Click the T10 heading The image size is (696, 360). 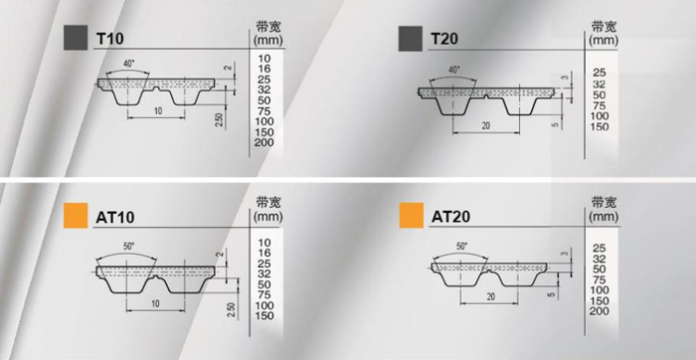[109, 40]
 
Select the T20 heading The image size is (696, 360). [445, 40]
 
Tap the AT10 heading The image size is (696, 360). [115, 218]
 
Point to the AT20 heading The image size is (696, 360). [451, 217]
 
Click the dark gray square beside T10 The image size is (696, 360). [76, 38]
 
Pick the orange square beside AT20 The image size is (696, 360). [412, 215]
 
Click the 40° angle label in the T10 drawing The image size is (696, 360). [128, 64]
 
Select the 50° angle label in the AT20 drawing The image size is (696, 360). [462, 246]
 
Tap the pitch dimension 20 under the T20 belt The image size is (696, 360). [485, 125]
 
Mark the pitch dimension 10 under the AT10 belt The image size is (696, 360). [155, 303]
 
